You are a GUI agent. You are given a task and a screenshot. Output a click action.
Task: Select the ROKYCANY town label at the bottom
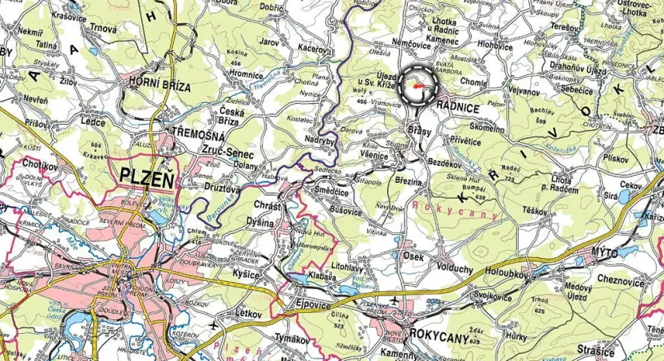pos(437,336)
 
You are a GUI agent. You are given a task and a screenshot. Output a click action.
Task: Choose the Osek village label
pos(413,256)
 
